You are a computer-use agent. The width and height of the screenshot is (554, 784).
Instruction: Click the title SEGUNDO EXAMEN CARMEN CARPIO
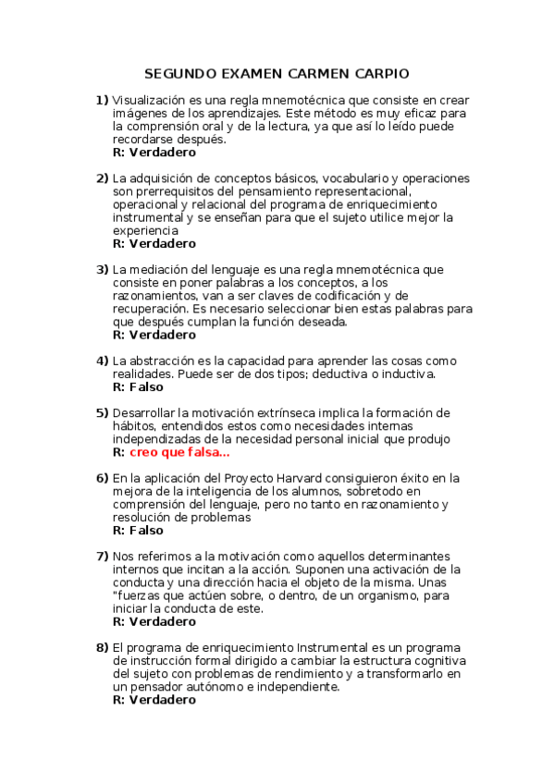tap(277, 73)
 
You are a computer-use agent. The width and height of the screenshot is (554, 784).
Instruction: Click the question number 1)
tap(102, 100)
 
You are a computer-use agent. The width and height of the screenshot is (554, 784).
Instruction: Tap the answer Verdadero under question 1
tap(162, 152)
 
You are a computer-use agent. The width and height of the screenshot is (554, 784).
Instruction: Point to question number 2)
tap(102, 178)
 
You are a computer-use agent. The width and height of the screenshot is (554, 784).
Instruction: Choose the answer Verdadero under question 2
tap(162, 243)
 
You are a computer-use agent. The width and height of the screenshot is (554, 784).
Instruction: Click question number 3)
tap(102, 269)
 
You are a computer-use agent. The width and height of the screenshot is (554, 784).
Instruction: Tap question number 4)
tap(102, 361)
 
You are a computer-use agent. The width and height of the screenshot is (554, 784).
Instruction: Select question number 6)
tap(102, 478)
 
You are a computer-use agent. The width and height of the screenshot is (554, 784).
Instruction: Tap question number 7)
tap(102, 557)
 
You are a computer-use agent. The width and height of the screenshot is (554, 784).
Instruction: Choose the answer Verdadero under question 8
tap(162, 701)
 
